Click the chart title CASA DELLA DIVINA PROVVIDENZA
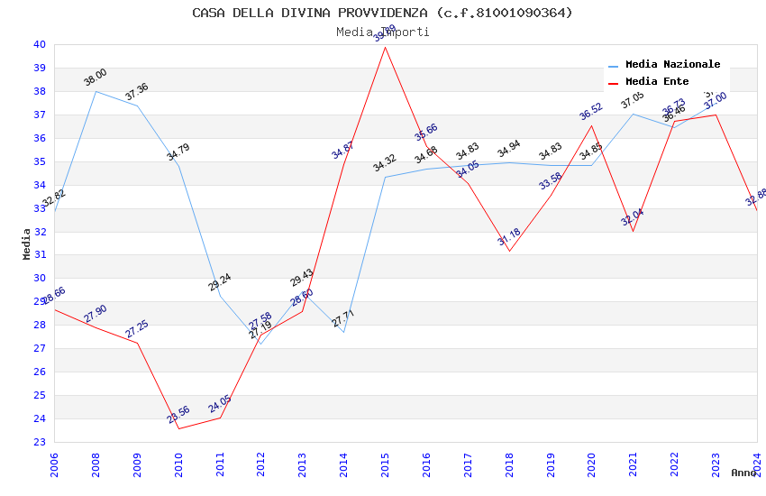pyautogui.click(x=382, y=13)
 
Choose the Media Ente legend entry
pyautogui.click(x=657, y=82)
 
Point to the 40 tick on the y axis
pyautogui.click(x=40, y=44)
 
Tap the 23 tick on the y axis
pyautogui.click(x=40, y=442)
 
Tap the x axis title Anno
pyautogui.click(x=743, y=473)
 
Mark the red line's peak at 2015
pyautogui.click(x=386, y=47)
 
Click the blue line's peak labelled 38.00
pyautogui.click(x=96, y=91)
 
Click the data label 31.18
pyautogui.click(x=509, y=237)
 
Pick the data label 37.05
pyautogui.click(x=633, y=100)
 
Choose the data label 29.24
pyautogui.click(x=220, y=282)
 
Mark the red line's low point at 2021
pyautogui.click(x=633, y=231)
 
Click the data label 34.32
pyautogui.click(x=385, y=163)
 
